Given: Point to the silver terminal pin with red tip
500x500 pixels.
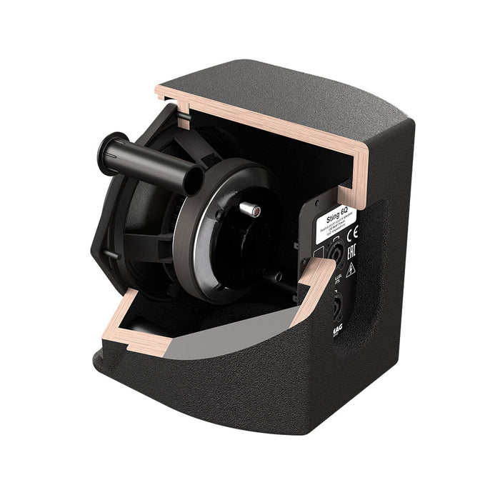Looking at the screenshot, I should click(251, 209).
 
